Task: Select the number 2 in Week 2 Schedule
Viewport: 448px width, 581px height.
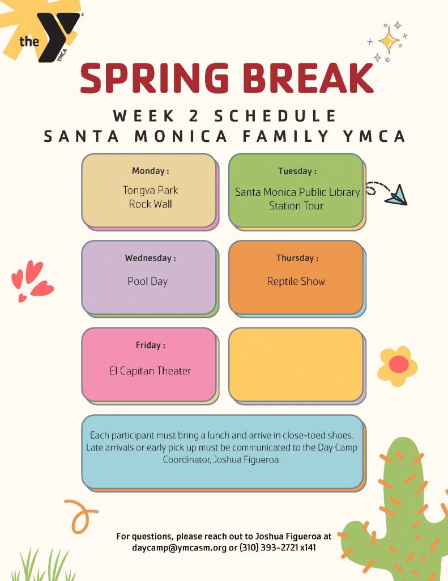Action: point(194,116)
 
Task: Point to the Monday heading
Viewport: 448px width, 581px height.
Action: point(151,171)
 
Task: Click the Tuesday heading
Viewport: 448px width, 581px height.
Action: point(297,171)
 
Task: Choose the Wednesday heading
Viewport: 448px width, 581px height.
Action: point(150,258)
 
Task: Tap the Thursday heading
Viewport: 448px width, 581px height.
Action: point(297,258)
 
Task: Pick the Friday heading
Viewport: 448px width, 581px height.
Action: point(150,346)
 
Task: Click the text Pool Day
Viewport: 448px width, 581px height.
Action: point(148,281)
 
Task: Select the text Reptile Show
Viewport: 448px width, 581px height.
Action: point(296,281)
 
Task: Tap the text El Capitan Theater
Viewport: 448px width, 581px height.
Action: point(150,371)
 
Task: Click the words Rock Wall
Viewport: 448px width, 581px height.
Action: point(151,204)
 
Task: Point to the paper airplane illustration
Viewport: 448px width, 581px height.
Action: point(396,195)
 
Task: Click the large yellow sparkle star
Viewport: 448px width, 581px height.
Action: point(389,40)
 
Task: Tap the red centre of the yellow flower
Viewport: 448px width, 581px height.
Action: point(398,364)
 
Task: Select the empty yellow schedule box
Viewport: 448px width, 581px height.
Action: point(296,365)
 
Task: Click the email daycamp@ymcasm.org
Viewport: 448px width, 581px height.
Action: point(180,548)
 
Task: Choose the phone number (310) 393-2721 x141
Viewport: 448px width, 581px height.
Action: point(278,548)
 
